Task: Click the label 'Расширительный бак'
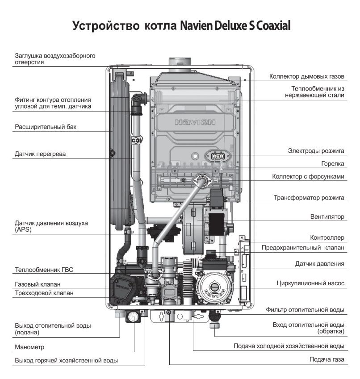(x=46, y=127)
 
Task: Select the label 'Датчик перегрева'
(x=40, y=154)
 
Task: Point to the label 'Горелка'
(x=333, y=163)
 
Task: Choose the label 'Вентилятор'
(x=327, y=217)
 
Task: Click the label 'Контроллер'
(x=327, y=237)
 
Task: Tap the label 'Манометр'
(x=29, y=347)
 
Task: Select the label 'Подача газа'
(x=327, y=359)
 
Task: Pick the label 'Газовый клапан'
(x=38, y=284)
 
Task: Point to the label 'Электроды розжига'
(x=316, y=151)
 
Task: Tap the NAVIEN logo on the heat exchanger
(x=195, y=121)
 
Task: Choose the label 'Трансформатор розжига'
(x=309, y=197)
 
